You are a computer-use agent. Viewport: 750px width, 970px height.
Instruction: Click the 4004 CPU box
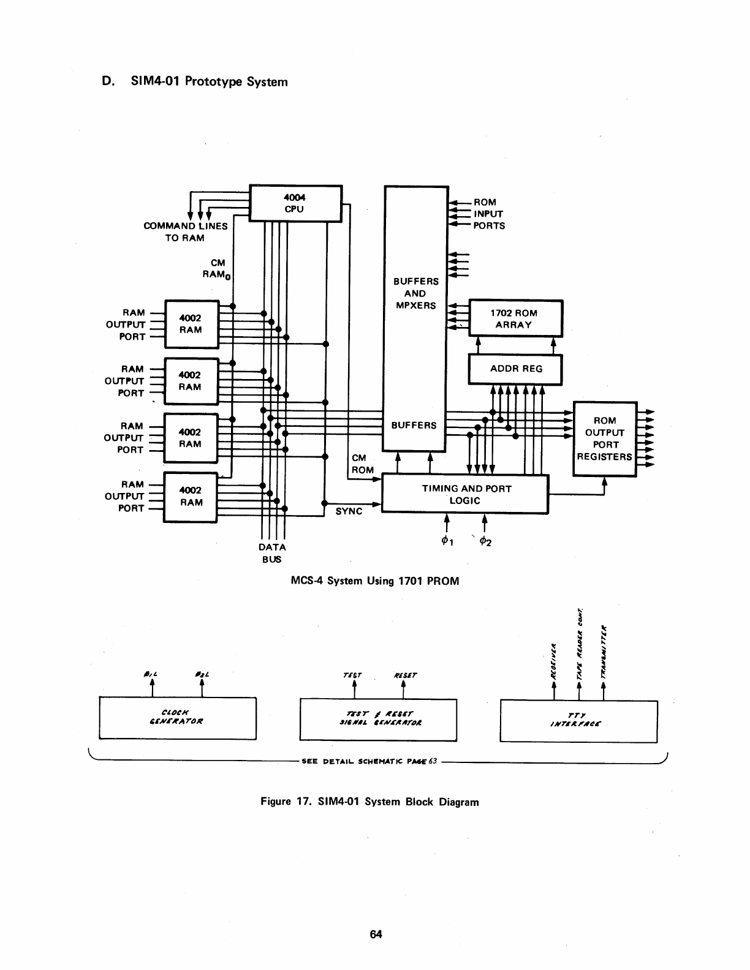click(x=295, y=203)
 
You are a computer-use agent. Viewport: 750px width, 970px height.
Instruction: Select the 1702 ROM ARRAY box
click(x=515, y=319)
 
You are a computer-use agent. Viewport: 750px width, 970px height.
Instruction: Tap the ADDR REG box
click(x=515, y=369)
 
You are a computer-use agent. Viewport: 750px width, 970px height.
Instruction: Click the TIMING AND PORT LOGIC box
click(x=466, y=494)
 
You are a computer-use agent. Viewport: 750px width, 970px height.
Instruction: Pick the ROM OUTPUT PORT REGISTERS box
click(x=605, y=438)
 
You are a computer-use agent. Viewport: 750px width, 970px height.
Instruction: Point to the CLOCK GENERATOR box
click(x=178, y=718)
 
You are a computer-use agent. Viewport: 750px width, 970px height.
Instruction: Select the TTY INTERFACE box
click(x=578, y=720)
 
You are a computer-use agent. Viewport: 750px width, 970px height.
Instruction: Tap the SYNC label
click(x=349, y=511)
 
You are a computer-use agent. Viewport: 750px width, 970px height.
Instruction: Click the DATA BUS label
click(x=272, y=553)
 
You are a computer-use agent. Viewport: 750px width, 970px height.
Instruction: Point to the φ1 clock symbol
click(x=446, y=541)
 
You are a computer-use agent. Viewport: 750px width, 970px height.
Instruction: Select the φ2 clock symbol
click(x=485, y=541)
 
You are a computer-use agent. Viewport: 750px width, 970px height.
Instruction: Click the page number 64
click(x=376, y=934)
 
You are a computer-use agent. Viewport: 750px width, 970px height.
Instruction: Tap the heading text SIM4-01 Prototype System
click(x=209, y=81)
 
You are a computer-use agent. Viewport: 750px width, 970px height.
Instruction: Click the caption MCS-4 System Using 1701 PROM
click(x=374, y=581)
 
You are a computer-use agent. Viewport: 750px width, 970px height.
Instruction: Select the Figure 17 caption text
click(x=369, y=802)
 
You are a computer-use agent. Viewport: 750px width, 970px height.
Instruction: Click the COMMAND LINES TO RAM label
click(x=185, y=231)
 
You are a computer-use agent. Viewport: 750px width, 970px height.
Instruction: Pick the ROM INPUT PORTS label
click(x=488, y=214)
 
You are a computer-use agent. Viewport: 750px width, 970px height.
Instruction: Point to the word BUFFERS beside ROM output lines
click(x=414, y=425)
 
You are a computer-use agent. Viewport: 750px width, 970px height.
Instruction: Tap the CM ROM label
click(x=362, y=464)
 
